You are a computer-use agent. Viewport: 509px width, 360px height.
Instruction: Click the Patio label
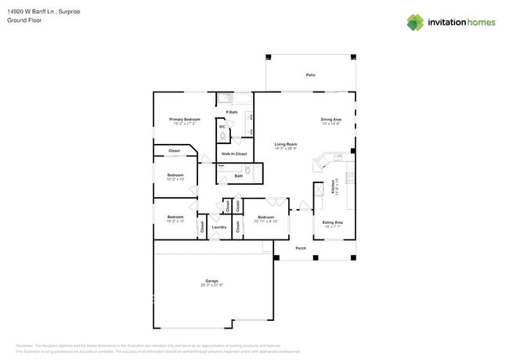coord(310,74)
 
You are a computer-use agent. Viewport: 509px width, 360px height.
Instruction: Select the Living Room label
coord(285,144)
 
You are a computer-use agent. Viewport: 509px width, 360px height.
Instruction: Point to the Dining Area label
coord(330,119)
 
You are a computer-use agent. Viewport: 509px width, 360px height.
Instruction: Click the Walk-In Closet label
coord(233,153)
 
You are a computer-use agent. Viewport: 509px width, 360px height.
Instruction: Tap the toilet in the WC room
coord(222,136)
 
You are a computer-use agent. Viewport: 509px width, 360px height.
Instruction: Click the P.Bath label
coord(232,112)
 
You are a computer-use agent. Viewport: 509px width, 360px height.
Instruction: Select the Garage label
coord(211,280)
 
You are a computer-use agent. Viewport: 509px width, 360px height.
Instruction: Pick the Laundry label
coord(219,227)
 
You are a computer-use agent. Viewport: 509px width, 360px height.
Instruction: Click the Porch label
coord(301,248)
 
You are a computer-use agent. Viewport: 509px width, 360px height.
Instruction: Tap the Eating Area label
coord(333,222)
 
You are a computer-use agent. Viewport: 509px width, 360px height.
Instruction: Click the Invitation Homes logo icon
coord(415,23)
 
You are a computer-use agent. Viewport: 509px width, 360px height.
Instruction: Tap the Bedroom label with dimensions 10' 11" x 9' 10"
coord(265,217)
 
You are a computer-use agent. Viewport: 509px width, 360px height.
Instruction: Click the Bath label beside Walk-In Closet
coord(238,176)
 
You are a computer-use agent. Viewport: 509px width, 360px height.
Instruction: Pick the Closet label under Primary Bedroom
coord(174,150)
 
